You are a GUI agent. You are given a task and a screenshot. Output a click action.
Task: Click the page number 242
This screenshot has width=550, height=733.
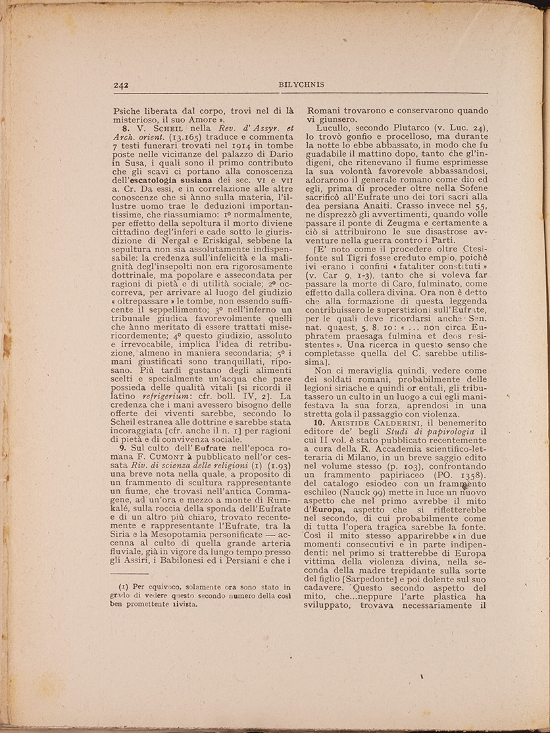coord(120,85)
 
